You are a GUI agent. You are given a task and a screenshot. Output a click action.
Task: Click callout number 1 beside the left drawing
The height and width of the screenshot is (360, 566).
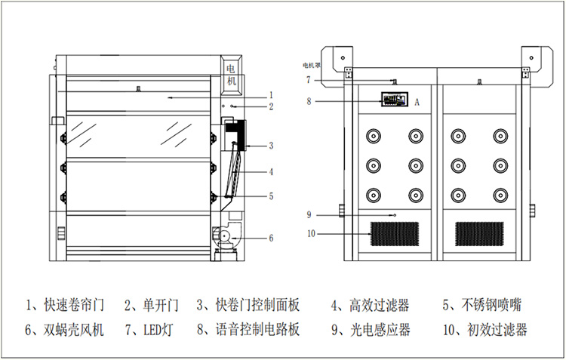pyautogui.click(x=270, y=96)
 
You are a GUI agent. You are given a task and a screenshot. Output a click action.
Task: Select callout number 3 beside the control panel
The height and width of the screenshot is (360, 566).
pyautogui.click(x=270, y=146)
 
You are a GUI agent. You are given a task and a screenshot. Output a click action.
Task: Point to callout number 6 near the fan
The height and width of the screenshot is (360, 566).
pyautogui.click(x=270, y=238)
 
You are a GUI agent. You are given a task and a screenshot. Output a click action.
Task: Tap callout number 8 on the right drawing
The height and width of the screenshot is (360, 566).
pyautogui.click(x=309, y=100)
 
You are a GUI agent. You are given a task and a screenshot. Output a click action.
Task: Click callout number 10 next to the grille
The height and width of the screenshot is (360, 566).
pyautogui.click(x=311, y=232)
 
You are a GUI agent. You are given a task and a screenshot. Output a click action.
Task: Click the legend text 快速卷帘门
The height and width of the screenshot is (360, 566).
pyautogui.click(x=73, y=306)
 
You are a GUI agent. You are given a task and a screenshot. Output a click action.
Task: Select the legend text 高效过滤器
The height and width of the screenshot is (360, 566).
pyautogui.click(x=380, y=306)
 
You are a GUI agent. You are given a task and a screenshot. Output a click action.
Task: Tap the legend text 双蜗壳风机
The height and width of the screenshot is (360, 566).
pyautogui.click(x=73, y=330)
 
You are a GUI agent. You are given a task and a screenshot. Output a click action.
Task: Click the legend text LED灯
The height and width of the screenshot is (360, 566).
pyautogui.click(x=153, y=330)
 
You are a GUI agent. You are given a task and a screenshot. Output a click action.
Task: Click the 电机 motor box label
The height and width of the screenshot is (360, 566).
pyautogui.click(x=232, y=75)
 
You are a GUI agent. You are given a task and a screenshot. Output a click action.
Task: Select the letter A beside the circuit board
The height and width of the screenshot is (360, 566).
pyautogui.click(x=417, y=100)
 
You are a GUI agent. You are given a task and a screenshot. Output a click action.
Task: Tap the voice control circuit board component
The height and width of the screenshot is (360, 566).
pyautogui.click(x=394, y=100)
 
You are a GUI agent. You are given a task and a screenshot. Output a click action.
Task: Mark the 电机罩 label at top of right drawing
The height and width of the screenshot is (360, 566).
pyautogui.click(x=312, y=66)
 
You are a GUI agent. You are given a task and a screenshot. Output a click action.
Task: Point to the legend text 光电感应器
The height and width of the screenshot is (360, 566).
pyautogui.click(x=380, y=330)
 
